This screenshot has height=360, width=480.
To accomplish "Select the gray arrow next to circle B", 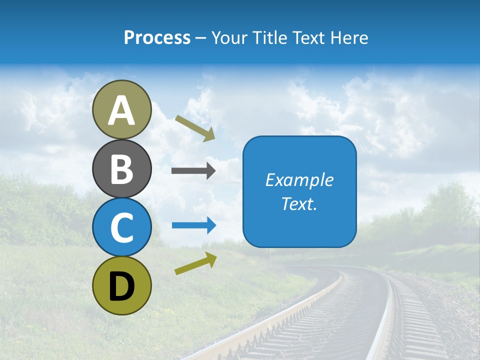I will [x=193, y=171].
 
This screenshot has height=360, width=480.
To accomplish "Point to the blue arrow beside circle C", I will [x=194, y=225].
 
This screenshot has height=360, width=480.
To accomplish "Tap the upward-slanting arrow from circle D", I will [x=195, y=263].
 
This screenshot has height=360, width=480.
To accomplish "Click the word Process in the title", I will [x=157, y=37].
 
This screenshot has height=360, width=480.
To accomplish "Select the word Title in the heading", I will [x=269, y=37].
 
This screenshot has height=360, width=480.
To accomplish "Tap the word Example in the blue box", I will [x=299, y=180].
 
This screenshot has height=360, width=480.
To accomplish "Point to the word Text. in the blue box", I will [x=299, y=204].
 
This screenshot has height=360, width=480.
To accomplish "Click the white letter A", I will [x=121, y=111].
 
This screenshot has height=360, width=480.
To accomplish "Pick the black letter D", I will [x=121, y=286].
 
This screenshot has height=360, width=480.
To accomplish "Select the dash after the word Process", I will [x=201, y=38].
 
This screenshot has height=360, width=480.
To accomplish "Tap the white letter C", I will [x=121, y=227].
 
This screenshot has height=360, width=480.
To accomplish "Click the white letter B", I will [x=121, y=169].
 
